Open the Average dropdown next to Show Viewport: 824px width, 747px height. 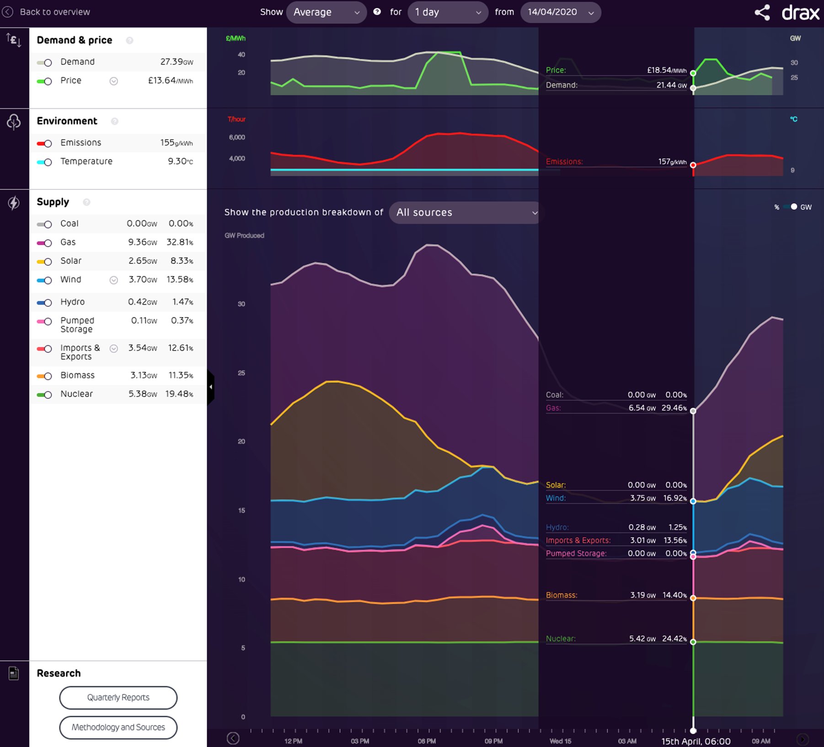pyautogui.click(x=326, y=12)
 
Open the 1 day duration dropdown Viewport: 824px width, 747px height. pyautogui.click(x=447, y=12)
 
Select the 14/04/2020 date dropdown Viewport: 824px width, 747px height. pyautogui.click(x=560, y=12)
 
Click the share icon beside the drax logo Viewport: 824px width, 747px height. pyautogui.click(x=762, y=12)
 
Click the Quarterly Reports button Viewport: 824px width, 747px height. pyautogui.click(x=118, y=697)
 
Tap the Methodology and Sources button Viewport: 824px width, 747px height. pyautogui.click(x=118, y=727)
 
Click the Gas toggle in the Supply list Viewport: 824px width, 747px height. pyautogui.click(x=45, y=243)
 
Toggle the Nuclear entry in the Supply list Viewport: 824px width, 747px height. pyautogui.click(x=45, y=394)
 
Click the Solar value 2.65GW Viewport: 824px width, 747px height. pyautogui.click(x=143, y=261)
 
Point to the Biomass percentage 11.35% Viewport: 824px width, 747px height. pyautogui.click(x=181, y=375)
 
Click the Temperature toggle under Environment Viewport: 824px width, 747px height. pyautogui.click(x=45, y=162)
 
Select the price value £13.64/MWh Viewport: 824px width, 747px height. pyautogui.click(x=170, y=81)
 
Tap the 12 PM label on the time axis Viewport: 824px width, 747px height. pyautogui.click(x=293, y=741)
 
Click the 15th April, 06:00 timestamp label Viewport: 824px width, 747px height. pyautogui.click(x=696, y=741)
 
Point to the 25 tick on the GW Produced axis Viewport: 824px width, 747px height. pyautogui.click(x=241, y=373)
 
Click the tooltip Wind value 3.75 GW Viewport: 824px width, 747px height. pyautogui.click(x=642, y=498)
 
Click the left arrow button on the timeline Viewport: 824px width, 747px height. pyautogui.click(x=233, y=738)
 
